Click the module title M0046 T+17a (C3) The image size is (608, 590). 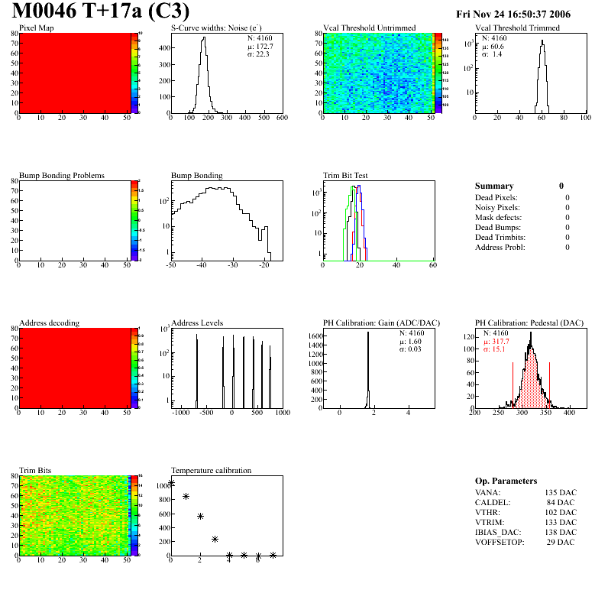[101, 12]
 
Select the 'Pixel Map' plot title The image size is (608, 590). [36, 28]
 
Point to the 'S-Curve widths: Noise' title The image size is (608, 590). [215, 28]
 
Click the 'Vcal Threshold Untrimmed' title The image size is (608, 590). [370, 28]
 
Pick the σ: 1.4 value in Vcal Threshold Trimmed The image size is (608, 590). [492, 54]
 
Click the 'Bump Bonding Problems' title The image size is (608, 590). [62, 175]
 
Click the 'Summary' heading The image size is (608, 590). [494, 186]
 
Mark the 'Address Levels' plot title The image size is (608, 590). [197, 323]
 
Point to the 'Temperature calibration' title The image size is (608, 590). [211, 470]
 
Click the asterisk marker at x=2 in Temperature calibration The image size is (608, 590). [200, 516]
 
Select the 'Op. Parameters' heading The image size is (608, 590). [506, 481]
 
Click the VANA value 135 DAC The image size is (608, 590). [561, 492]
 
